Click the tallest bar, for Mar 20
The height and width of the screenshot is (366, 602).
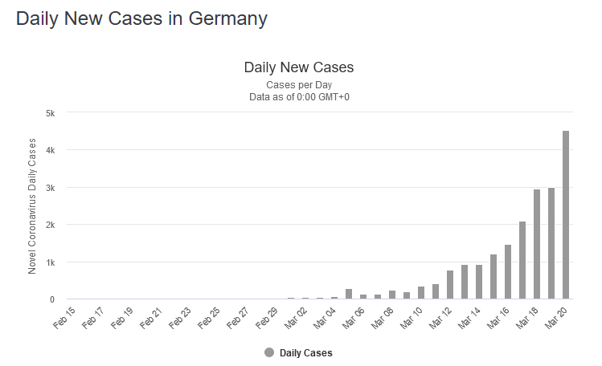pyautogui.click(x=566, y=215)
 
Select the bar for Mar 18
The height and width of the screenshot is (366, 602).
pyautogui.click(x=537, y=245)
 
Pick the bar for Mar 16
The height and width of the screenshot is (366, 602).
pyautogui.click(x=508, y=272)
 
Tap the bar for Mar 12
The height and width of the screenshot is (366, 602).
pyautogui.click(x=450, y=285)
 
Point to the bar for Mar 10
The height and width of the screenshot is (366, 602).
pyautogui.click(x=421, y=293)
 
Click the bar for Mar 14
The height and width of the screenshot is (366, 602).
pyautogui.click(x=479, y=282)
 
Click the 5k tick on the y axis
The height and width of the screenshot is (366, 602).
pyautogui.click(x=49, y=113)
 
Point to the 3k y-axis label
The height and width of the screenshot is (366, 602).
pyautogui.click(x=49, y=188)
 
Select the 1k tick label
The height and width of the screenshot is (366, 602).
pyautogui.click(x=49, y=262)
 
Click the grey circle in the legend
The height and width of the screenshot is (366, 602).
pyautogui.click(x=269, y=352)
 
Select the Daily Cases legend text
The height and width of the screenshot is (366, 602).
pyautogui.click(x=306, y=352)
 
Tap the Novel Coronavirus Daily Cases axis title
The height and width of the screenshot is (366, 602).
pyautogui.click(x=32, y=206)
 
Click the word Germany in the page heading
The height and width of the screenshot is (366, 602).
pyautogui.click(x=228, y=18)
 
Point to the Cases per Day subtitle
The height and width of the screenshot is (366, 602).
pyautogui.click(x=299, y=84)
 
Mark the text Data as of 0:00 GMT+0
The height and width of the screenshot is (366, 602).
pyautogui.click(x=299, y=97)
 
